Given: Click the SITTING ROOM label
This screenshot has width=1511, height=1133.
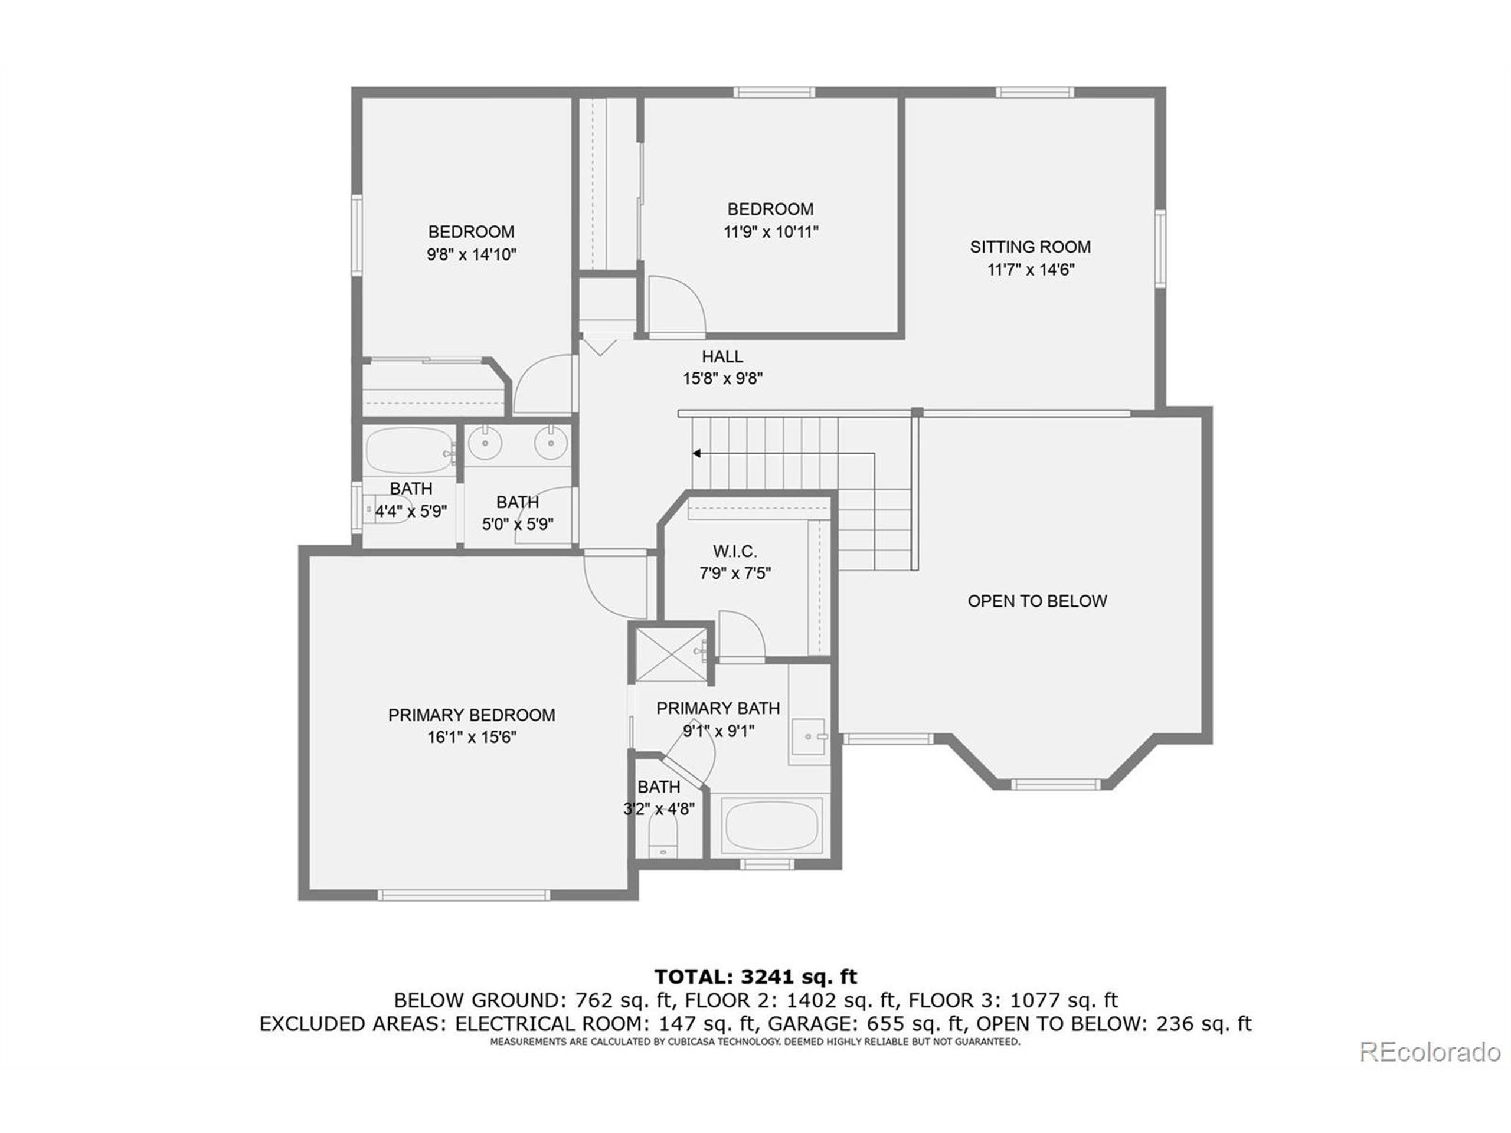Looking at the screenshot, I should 1030,247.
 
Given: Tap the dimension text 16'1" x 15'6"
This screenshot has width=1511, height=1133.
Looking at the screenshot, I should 472,738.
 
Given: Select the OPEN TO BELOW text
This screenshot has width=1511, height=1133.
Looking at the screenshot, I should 1037,601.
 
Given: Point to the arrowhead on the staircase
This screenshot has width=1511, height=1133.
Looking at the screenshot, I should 696,453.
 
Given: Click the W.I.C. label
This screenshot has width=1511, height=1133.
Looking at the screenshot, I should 735,551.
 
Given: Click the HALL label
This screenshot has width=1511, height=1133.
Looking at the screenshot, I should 722,356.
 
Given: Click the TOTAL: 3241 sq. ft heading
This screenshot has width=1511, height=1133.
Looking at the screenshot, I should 755,977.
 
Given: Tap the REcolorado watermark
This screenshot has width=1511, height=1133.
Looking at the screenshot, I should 1430,1052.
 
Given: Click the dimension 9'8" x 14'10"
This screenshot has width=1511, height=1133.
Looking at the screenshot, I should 472,255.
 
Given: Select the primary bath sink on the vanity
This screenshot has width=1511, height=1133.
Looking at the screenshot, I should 809,737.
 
